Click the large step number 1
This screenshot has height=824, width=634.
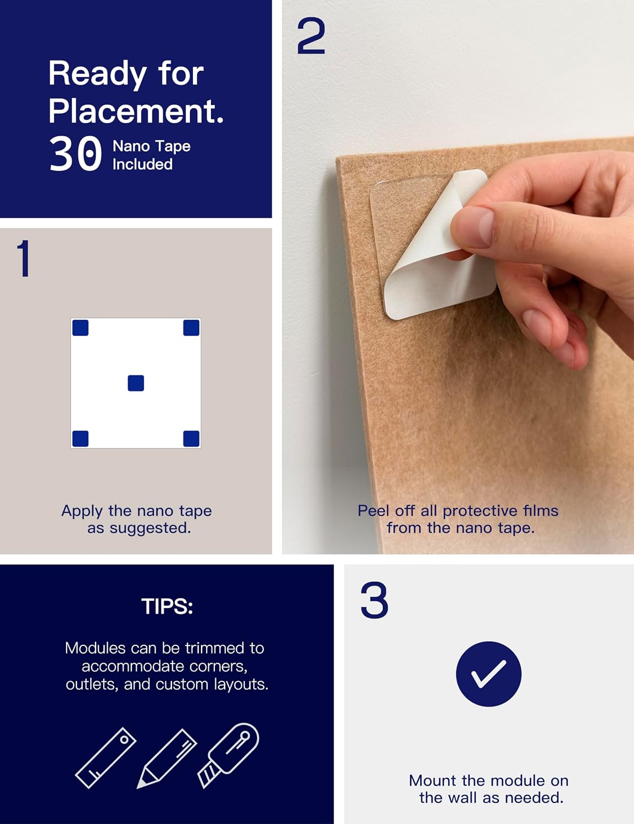pyautogui.click(x=24, y=259)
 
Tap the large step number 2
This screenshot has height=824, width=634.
pyautogui.click(x=311, y=36)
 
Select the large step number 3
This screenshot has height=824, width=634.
pyautogui.click(x=374, y=600)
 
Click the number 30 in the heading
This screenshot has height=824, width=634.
pyautogui.click(x=75, y=154)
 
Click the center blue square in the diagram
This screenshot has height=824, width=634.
pyautogui.click(x=136, y=383)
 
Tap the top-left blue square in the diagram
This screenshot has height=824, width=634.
pyautogui.click(x=80, y=327)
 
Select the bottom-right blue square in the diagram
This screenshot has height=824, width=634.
pyautogui.click(x=192, y=439)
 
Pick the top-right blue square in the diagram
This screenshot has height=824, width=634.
pyautogui.click(x=192, y=327)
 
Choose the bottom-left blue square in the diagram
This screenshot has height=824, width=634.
pyautogui.click(x=80, y=439)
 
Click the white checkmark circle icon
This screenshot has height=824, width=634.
pyautogui.click(x=488, y=674)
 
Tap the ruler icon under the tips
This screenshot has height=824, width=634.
pyautogui.click(x=106, y=758)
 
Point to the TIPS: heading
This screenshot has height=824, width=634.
pyautogui.click(x=167, y=606)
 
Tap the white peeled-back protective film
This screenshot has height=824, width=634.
pyautogui.click(x=440, y=247)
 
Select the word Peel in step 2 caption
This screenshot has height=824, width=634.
pyautogui.click(x=373, y=511)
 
